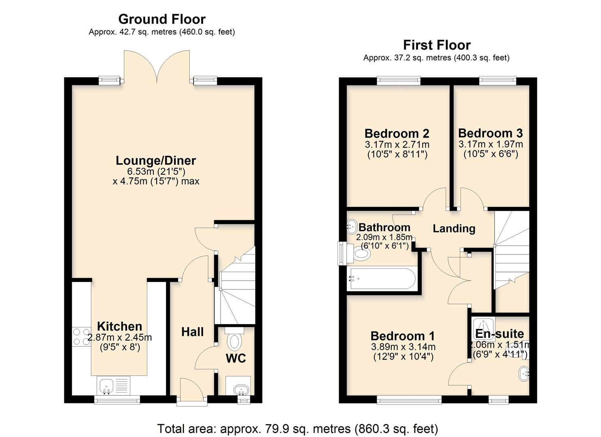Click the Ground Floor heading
[162, 19]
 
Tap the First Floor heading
[437, 45]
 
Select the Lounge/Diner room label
[156, 161]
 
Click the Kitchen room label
[119, 326]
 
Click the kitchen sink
[107, 386]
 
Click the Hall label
[192, 332]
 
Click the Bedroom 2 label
[397, 134]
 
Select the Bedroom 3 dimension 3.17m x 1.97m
[491, 144]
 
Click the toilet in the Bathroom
[361, 254]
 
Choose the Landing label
[454, 229]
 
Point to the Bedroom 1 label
[402, 336]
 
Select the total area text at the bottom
[297, 429]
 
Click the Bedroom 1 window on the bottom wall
[409, 400]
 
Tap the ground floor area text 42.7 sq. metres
[162, 32]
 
